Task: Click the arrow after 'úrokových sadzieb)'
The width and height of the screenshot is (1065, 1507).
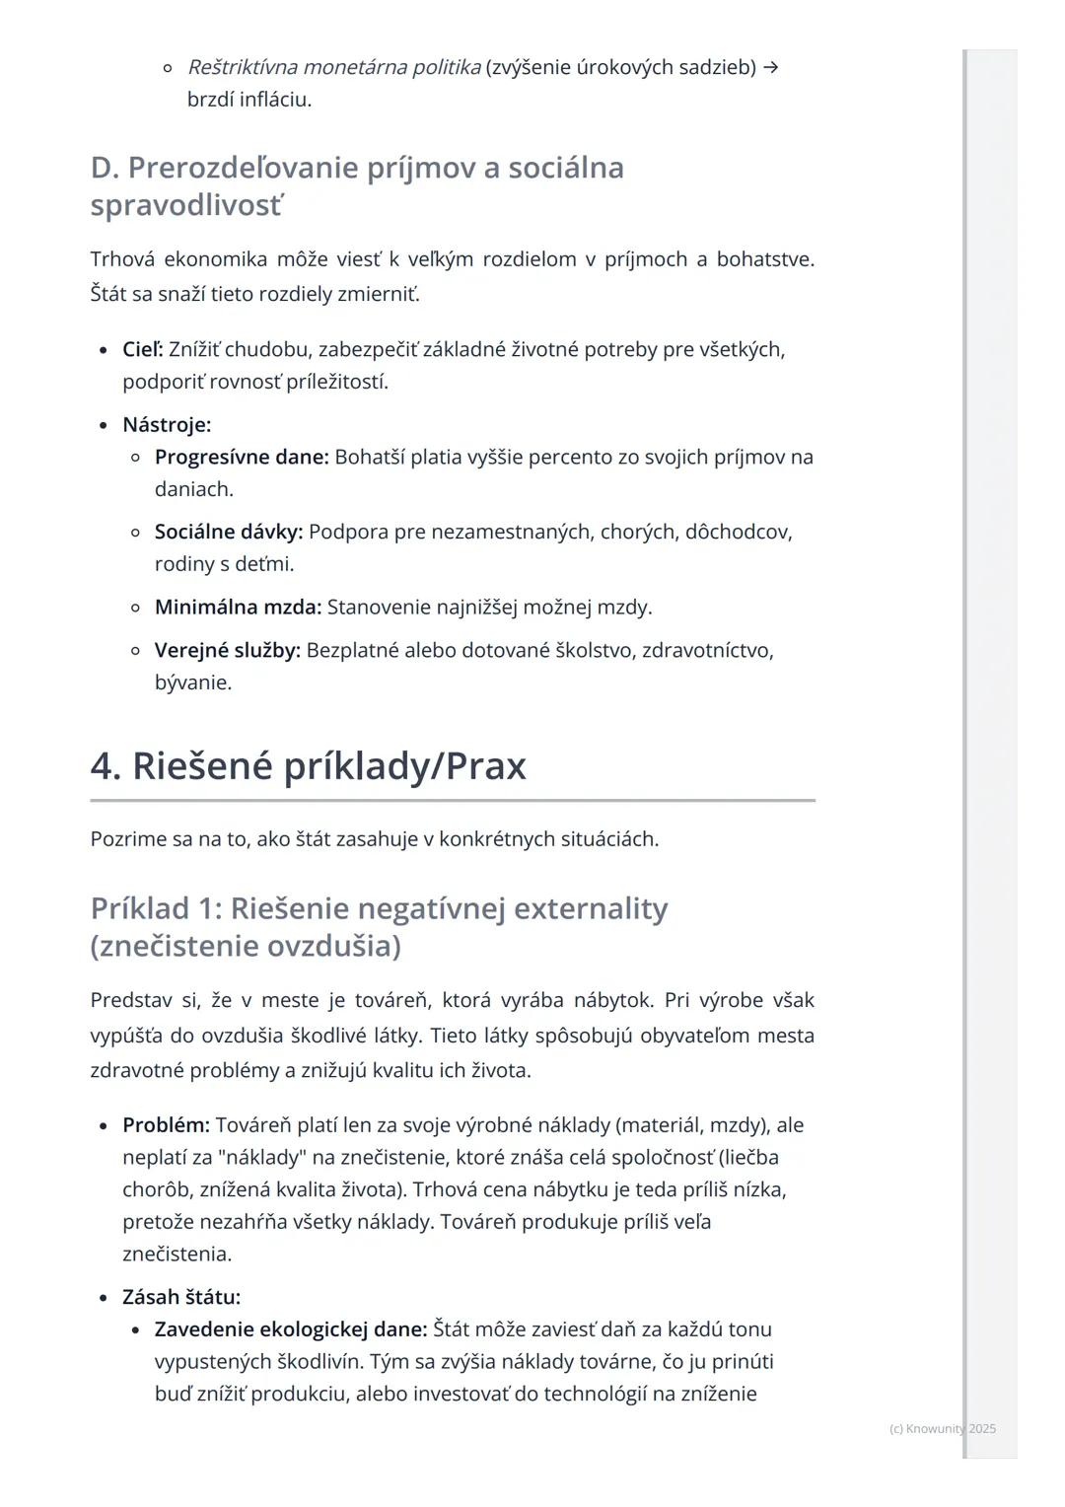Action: click(771, 67)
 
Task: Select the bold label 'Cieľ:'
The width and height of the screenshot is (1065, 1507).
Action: click(143, 349)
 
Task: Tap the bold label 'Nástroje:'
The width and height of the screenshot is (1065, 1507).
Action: click(167, 425)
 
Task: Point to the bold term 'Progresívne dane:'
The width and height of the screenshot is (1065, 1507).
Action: click(242, 457)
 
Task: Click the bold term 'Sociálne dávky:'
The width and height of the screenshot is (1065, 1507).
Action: click(229, 532)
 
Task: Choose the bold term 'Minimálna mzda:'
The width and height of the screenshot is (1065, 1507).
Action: click(238, 607)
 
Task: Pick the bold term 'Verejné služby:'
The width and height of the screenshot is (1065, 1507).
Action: click(228, 650)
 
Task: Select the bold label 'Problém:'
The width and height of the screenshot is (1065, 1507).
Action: click(166, 1125)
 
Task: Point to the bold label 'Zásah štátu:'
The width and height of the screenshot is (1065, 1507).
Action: click(181, 1297)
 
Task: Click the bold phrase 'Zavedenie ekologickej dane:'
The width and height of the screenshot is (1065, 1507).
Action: click(291, 1329)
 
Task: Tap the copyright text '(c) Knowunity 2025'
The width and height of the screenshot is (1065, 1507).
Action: click(942, 1428)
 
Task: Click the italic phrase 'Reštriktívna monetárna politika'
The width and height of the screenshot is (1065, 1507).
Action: click(334, 67)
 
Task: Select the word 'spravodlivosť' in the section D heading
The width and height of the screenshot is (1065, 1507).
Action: click(186, 206)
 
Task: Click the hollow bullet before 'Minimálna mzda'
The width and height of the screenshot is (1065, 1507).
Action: click(136, 608)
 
